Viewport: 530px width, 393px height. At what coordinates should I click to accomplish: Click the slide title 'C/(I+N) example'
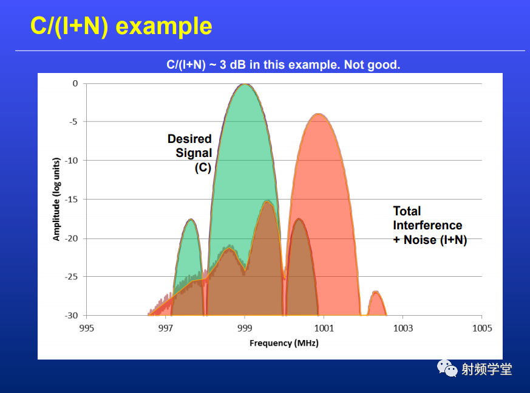click(121, 26)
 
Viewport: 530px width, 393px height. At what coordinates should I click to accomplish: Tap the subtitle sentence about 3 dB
click(284, 64)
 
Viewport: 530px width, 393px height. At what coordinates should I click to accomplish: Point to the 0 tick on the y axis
click(75, 83)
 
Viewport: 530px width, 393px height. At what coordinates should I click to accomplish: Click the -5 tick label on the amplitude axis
click(73, 122)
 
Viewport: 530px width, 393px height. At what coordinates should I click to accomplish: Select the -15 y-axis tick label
click(71, 199)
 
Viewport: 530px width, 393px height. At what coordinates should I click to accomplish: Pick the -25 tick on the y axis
click(71, 276)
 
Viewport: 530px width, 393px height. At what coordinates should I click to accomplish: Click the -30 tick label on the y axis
click(71, 315)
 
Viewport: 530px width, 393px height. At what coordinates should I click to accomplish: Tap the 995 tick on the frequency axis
click(87, 328)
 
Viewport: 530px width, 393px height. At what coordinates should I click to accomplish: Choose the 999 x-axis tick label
click(245, 328)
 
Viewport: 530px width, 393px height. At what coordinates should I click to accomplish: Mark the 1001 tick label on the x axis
click(324, 328)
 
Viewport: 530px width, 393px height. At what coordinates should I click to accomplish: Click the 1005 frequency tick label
click(482, 328)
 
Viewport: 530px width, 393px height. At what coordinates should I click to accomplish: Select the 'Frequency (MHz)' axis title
click(284, 343)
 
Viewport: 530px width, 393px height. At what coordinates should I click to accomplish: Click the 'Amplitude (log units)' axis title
click(56, 199)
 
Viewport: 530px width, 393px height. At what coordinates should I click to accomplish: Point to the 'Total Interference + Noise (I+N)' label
click(430, 225)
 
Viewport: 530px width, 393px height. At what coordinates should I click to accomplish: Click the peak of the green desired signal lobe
click(245, 84)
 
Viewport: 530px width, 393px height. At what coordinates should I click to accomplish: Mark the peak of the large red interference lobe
click(318, 114)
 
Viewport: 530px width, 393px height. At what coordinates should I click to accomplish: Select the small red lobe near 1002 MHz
click(376, 302)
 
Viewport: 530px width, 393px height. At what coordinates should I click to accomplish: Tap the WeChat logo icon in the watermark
click(447, 368)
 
